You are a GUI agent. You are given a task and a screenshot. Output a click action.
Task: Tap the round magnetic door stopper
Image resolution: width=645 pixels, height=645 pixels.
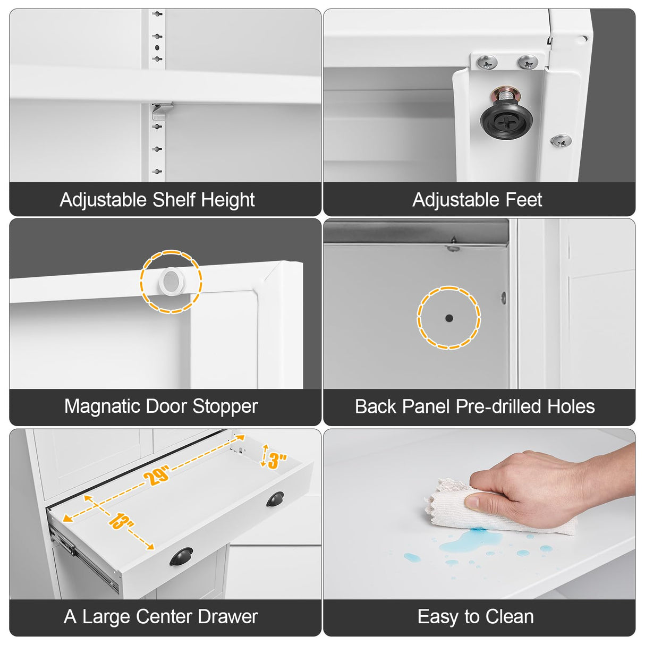coord(172,281)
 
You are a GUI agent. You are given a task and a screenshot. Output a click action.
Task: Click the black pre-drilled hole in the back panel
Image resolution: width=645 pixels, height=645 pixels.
coord(449,318)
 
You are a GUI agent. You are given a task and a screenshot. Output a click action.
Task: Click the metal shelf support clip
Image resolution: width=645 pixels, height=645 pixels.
coord(162,111)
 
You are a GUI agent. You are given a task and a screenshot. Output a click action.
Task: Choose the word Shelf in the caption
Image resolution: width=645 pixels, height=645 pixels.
coord(174,200)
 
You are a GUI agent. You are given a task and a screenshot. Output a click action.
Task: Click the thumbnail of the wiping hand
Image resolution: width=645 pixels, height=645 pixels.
coord(479,514)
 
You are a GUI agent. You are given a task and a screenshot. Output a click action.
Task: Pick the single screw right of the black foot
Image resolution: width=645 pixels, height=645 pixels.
coord(561,140)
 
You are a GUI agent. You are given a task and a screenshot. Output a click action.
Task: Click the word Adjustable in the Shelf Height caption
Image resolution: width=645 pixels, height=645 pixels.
coord(103,200)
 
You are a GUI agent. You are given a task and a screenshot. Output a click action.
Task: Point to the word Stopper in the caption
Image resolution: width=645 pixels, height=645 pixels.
coord(225,406)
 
